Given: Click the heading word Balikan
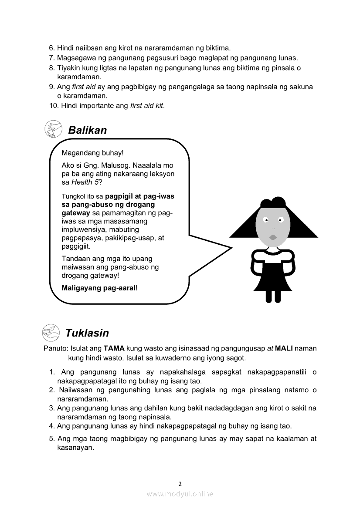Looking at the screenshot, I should (87, 130).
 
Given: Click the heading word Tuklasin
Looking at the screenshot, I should (87, 333).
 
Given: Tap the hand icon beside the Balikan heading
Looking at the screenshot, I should (53, 129).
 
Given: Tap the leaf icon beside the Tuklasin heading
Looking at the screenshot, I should (51, 333).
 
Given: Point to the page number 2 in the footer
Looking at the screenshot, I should (180, 483).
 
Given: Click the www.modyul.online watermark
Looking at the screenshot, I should (180, 494).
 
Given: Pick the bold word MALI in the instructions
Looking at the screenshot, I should (284, 349).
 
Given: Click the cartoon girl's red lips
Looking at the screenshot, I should (273, 237).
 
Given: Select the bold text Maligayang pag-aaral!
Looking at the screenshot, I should (100, 288).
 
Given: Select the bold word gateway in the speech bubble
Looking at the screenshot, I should (76, 213).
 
